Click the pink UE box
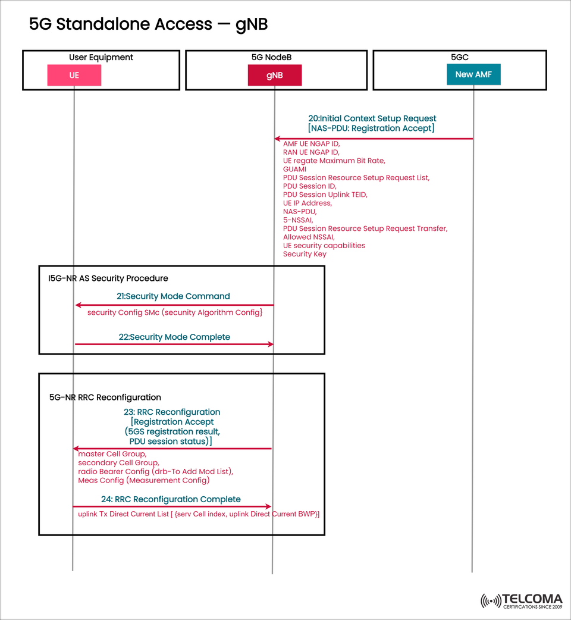pyautogui.click(x=74, y=76)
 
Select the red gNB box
pyautogui.click(x=275, y=76)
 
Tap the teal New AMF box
pyautogui.click(x=473, y=74)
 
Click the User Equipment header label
pyautogui.click(x=101, y=57)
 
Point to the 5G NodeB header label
pyautogui.click(x=271, y=57)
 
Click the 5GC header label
pyautogui.click(x=460, y=57)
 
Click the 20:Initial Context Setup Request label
pyautogui.click(x=372, y=118)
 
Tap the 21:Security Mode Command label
pyautogui.click(x=173, y=296)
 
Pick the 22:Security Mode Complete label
pyautogui.click(x=174, y=337)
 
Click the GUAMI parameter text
pyautogui.click(x=294, y=169)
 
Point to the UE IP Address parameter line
pyautogui.click(x=307, y=203)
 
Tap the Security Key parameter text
pyautogui.click(x=305, y=254)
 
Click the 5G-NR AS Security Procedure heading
pyautogui.click(x=108, y=278)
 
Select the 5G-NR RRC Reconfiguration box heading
pyautogui.click(x=105, y=397)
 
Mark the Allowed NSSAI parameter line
pyautogui.click(x=308, y=237)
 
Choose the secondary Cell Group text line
pyautogui.click(x=118, y=462)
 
